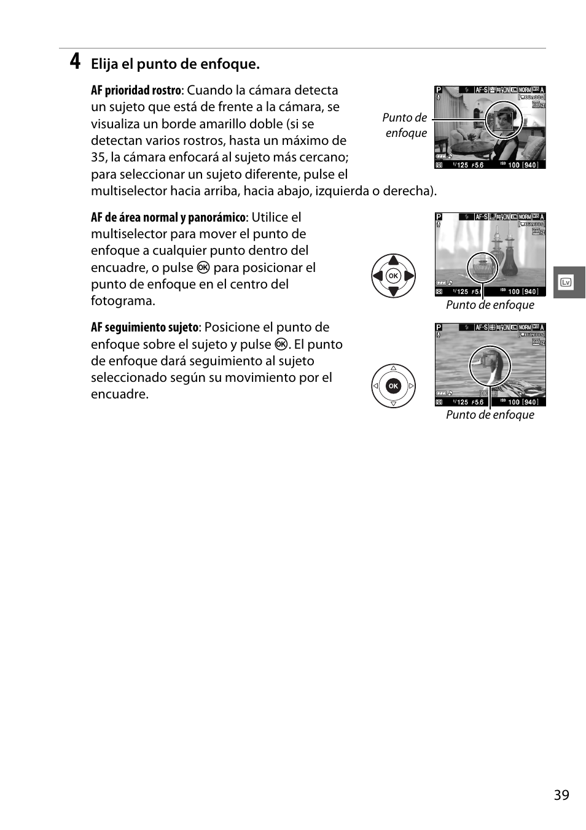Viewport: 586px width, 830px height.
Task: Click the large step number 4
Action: coord(74,61)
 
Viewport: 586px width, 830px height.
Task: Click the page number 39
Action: coord(561,795)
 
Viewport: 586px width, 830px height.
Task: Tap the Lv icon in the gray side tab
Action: coord(566,282)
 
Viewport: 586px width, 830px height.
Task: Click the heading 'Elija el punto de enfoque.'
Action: coord(175,64)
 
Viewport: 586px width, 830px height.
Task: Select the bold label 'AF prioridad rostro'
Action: coord(136,90)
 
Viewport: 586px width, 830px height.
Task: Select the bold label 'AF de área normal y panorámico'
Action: coord(168,217)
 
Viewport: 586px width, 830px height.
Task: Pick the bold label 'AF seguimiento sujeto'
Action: coord(144,327)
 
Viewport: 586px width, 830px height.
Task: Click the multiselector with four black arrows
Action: coord(393,276)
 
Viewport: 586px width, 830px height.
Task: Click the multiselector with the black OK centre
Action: coord(393,386)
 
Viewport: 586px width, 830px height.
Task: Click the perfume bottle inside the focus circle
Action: coord(482,267)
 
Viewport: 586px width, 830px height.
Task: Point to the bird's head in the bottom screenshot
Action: coord(490,365)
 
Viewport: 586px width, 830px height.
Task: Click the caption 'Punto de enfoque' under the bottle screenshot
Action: coord(490,305)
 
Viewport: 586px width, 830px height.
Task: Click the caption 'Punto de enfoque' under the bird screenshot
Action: coord(490,415)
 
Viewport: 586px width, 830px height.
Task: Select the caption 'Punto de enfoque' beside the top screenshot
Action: coord(405,125)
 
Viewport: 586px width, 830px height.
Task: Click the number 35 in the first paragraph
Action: coord(99,157)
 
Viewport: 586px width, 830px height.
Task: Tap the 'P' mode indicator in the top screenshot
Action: coord(439,90)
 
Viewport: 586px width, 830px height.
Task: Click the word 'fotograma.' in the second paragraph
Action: coord(123,301)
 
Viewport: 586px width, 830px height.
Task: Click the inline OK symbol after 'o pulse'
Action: coord(203,268)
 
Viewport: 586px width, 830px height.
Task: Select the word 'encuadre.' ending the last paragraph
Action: coord(120,394)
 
